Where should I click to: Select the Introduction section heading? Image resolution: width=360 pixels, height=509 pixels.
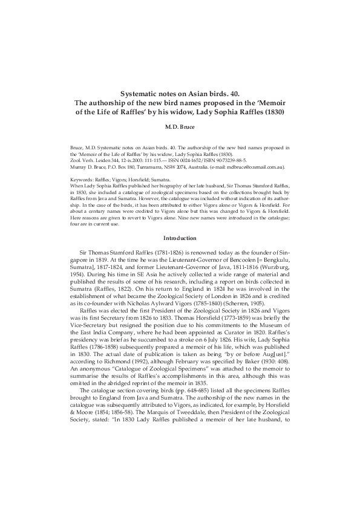(x=180, y=238)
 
